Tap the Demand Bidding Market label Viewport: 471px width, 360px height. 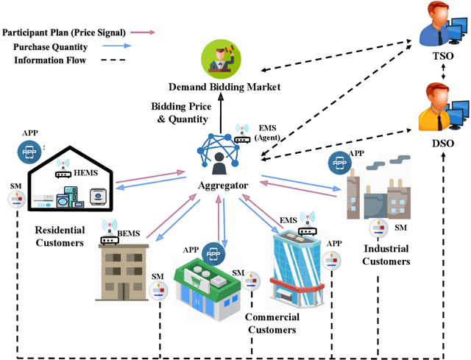click(x=224, y=87)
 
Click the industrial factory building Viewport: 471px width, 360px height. click(x=380, y=184)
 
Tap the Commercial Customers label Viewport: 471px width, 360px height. click(x=272, y=323)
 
